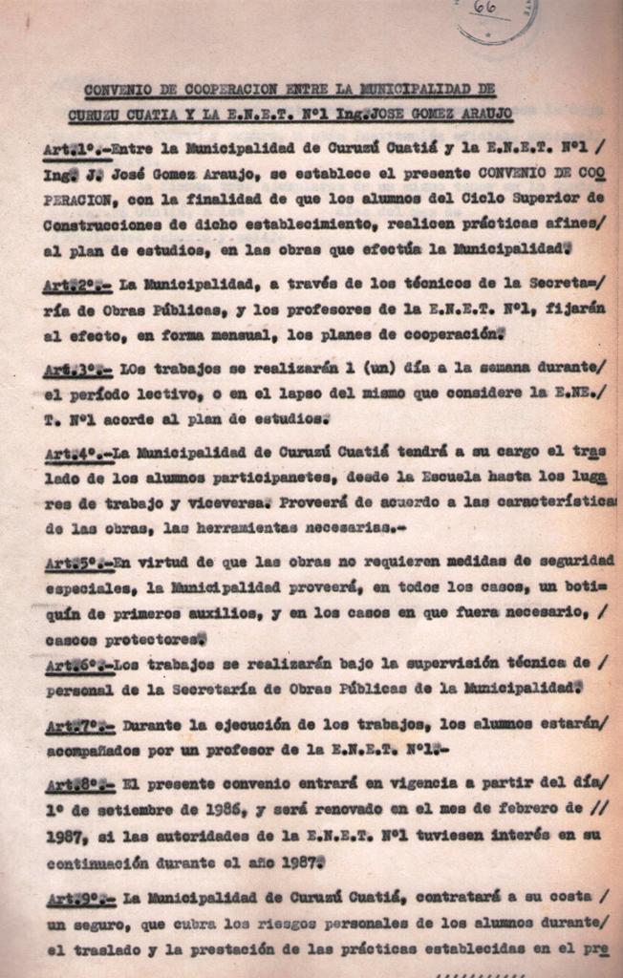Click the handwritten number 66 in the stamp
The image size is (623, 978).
(x=484, y=9)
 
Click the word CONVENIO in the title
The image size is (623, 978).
(x=116, y=91)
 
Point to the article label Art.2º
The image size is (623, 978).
(x=77, y=286)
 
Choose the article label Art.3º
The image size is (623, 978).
(x=77, y=369)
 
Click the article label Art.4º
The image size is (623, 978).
(x=75, y=452)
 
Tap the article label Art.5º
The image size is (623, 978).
(x=75, y=563)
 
